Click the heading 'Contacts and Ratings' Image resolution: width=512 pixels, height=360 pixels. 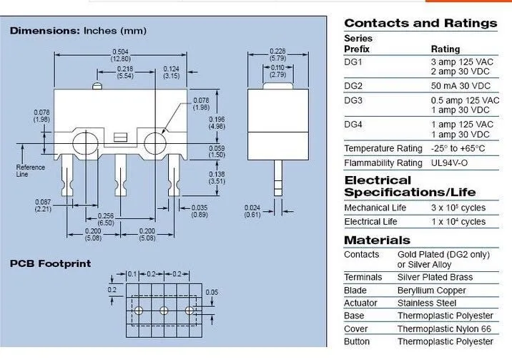click(x=420, y=23)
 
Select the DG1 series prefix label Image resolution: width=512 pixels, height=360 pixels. click(x=354, y=62)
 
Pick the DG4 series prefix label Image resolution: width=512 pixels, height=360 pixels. click(x=354, y=125)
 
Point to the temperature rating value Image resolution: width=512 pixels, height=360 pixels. click(x=458, y=149)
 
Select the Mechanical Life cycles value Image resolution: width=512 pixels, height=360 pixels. click(x=458, y=208)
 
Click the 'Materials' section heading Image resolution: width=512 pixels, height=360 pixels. click(x=377, y=240)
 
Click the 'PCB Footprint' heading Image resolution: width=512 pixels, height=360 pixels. click(x=50, y=263)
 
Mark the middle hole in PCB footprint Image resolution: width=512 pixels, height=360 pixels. click(x=164, y=311)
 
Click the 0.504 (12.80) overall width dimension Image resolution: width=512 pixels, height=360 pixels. click(x=120, y=54)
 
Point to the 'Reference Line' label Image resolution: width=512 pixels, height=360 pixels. click(x=30, y=170)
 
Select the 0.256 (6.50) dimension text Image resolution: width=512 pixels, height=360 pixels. click(x=105, y=220)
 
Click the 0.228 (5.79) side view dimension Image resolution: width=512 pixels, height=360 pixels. click(x=277, y=54)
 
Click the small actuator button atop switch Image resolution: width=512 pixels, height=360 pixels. click(x=97, y=87)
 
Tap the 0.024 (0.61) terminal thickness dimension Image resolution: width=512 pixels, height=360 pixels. click(x=252, y=210)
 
